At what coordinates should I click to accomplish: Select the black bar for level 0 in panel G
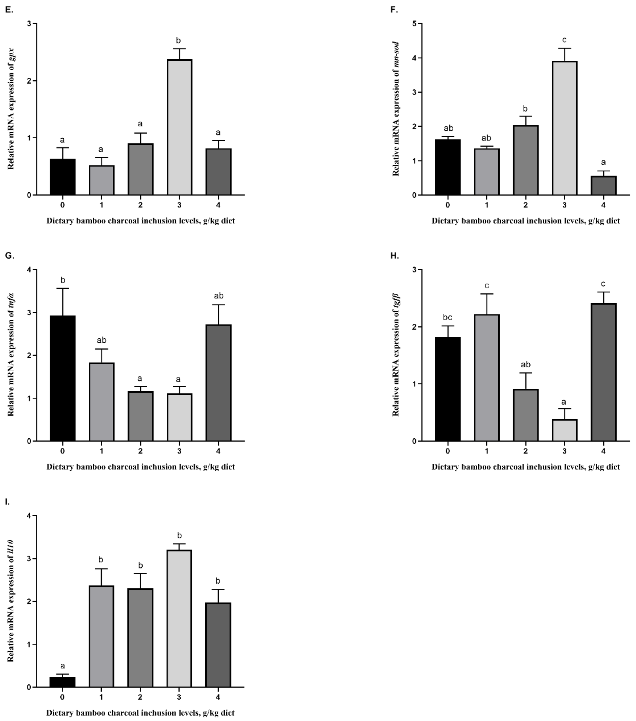tap(63, 378)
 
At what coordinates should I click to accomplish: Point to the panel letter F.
tap(394, 10)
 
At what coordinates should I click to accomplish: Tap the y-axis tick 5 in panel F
tap(415, 24)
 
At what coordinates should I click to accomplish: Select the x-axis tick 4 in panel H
tap(603, 451)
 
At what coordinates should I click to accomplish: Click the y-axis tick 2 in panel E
tap(29, 81)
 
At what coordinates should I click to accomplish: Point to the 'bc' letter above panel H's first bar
tap(447, 317)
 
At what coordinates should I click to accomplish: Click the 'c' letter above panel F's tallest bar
tap(564, 40)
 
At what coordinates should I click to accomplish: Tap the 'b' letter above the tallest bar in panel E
tap(178, 41)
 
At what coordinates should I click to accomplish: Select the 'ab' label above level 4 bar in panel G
tap(219, 296)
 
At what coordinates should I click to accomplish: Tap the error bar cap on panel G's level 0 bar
tap(63, 288)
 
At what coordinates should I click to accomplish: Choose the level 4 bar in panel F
tap(604, 185)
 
